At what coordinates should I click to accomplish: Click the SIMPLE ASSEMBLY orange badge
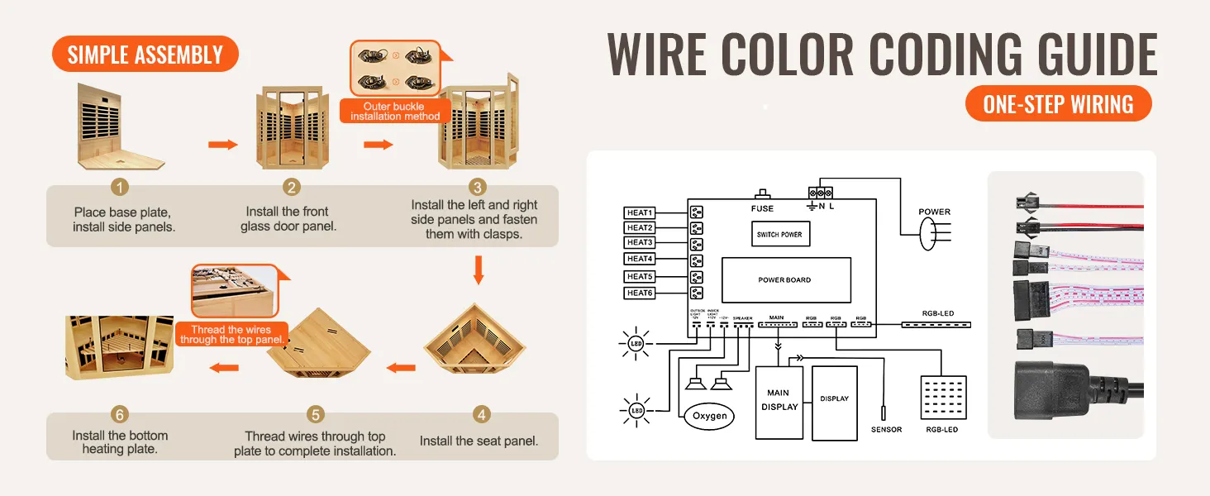pyautogui.click(x=145, y=55)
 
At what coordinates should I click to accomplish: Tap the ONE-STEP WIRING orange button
pyautogui.click(x=1058, y=104)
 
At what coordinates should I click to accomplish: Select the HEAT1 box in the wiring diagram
pyautogui.click(x=640, y=213)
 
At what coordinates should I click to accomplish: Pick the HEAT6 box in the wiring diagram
pyautogui.click(x=640, y=293)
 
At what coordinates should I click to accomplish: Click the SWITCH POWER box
pyautogui.click(x=779, y=235)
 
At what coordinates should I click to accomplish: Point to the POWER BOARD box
pyautogui.click(x=785, y=279)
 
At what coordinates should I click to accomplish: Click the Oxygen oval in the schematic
pyautogui.click(x=709, y=416)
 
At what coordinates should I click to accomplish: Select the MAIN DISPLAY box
pyautogui.click(x=779, y=402)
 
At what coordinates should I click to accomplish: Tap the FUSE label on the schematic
pyautogui.click(x=762, y=208)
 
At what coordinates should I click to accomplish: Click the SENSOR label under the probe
pyautogui.click(x=886, y=430)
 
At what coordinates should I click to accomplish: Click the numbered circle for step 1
pyautogui.click(x=121, y=188)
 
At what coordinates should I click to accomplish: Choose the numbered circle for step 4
pyautogui.click(x=481, y=414)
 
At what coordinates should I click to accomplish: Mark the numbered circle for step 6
pyautogui.click(x=120, y=414)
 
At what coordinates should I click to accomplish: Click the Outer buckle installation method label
pyautogui.click(x=394, y=112)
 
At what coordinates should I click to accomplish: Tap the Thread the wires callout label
pyautogui.click(x=232, y=334)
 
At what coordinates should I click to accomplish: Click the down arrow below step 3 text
pyautogui.click(x=479, y=269)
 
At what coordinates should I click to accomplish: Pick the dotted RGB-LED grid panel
pyautogui.click(x=942, y=399)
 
